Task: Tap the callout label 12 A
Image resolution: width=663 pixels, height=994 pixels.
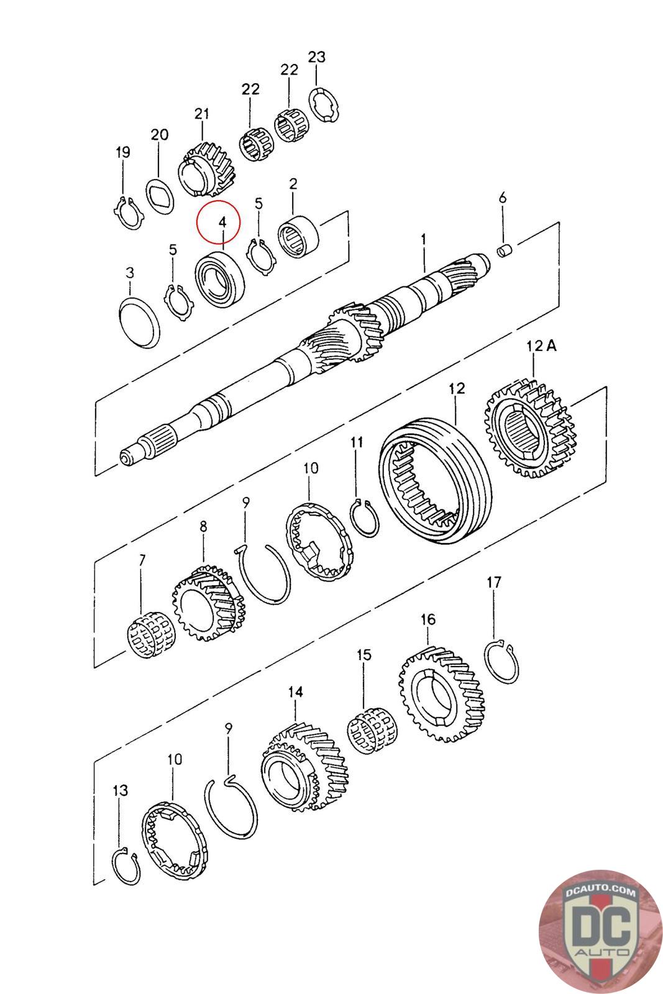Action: click(542, 345)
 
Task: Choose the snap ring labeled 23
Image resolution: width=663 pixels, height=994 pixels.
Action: click(325, 103)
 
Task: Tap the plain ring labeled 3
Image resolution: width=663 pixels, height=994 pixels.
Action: click(139, 321)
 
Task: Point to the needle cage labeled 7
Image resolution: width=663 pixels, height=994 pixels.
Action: click(149, 634)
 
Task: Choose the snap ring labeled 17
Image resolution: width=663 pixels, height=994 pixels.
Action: click(501, 662)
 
